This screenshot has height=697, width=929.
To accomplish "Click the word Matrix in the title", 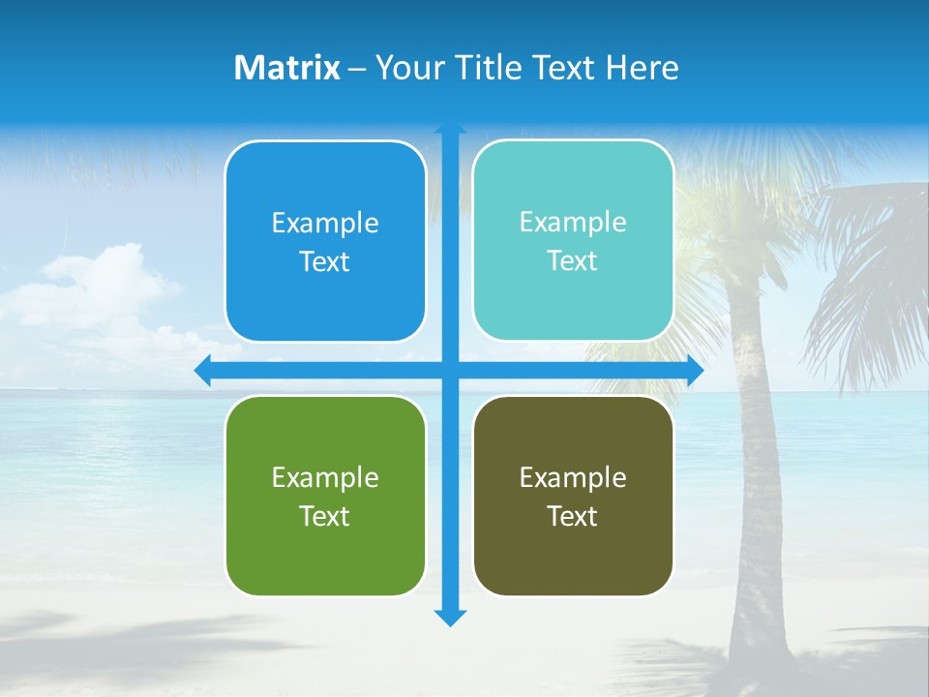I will point(287,68).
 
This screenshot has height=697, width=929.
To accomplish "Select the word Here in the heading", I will point(643,68).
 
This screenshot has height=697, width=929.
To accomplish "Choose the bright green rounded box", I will point(325,552).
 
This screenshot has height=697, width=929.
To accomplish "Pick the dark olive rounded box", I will point(573,552).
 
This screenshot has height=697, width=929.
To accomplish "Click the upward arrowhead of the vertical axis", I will point(450,129).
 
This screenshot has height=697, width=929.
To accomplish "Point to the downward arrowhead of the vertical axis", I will point(450,618).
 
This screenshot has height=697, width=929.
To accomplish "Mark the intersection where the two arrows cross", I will point(450,371).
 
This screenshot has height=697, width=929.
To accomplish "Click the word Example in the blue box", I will point(325,224).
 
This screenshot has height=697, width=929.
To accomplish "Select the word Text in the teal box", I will point(573,261).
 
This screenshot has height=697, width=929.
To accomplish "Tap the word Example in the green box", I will point(325,478).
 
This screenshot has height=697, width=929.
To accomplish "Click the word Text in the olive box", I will point(573,517).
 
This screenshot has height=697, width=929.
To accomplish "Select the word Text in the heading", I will point(564,68).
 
